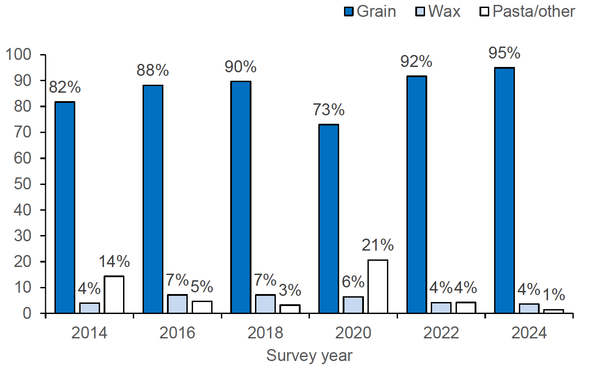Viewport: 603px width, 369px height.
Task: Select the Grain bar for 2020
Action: coord(329,219)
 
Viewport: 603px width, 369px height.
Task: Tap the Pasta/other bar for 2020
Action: coord(378,287)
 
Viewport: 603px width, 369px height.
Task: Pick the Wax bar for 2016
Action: coord(177,304)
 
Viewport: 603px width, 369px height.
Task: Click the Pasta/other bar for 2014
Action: coord(114,295)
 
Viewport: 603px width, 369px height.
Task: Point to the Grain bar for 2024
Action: coord(504,191)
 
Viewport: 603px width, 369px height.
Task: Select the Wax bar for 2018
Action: coord(265,304)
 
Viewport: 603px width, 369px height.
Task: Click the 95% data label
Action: coord(504,53)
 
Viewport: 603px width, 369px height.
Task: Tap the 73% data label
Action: coord(329,110)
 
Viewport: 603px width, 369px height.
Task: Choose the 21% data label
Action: coord(378,245)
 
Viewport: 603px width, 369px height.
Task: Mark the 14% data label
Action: coord(114,262)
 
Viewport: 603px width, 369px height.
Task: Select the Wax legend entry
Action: coord(444,12)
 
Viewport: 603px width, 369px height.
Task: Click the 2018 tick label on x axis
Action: coord(265,333)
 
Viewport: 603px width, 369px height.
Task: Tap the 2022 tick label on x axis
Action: coord(441,333)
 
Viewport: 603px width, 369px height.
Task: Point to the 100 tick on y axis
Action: coord(18,55)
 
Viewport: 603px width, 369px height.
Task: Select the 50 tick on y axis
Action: coord(23,184)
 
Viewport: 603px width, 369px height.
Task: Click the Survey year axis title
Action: coord(309,356)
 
